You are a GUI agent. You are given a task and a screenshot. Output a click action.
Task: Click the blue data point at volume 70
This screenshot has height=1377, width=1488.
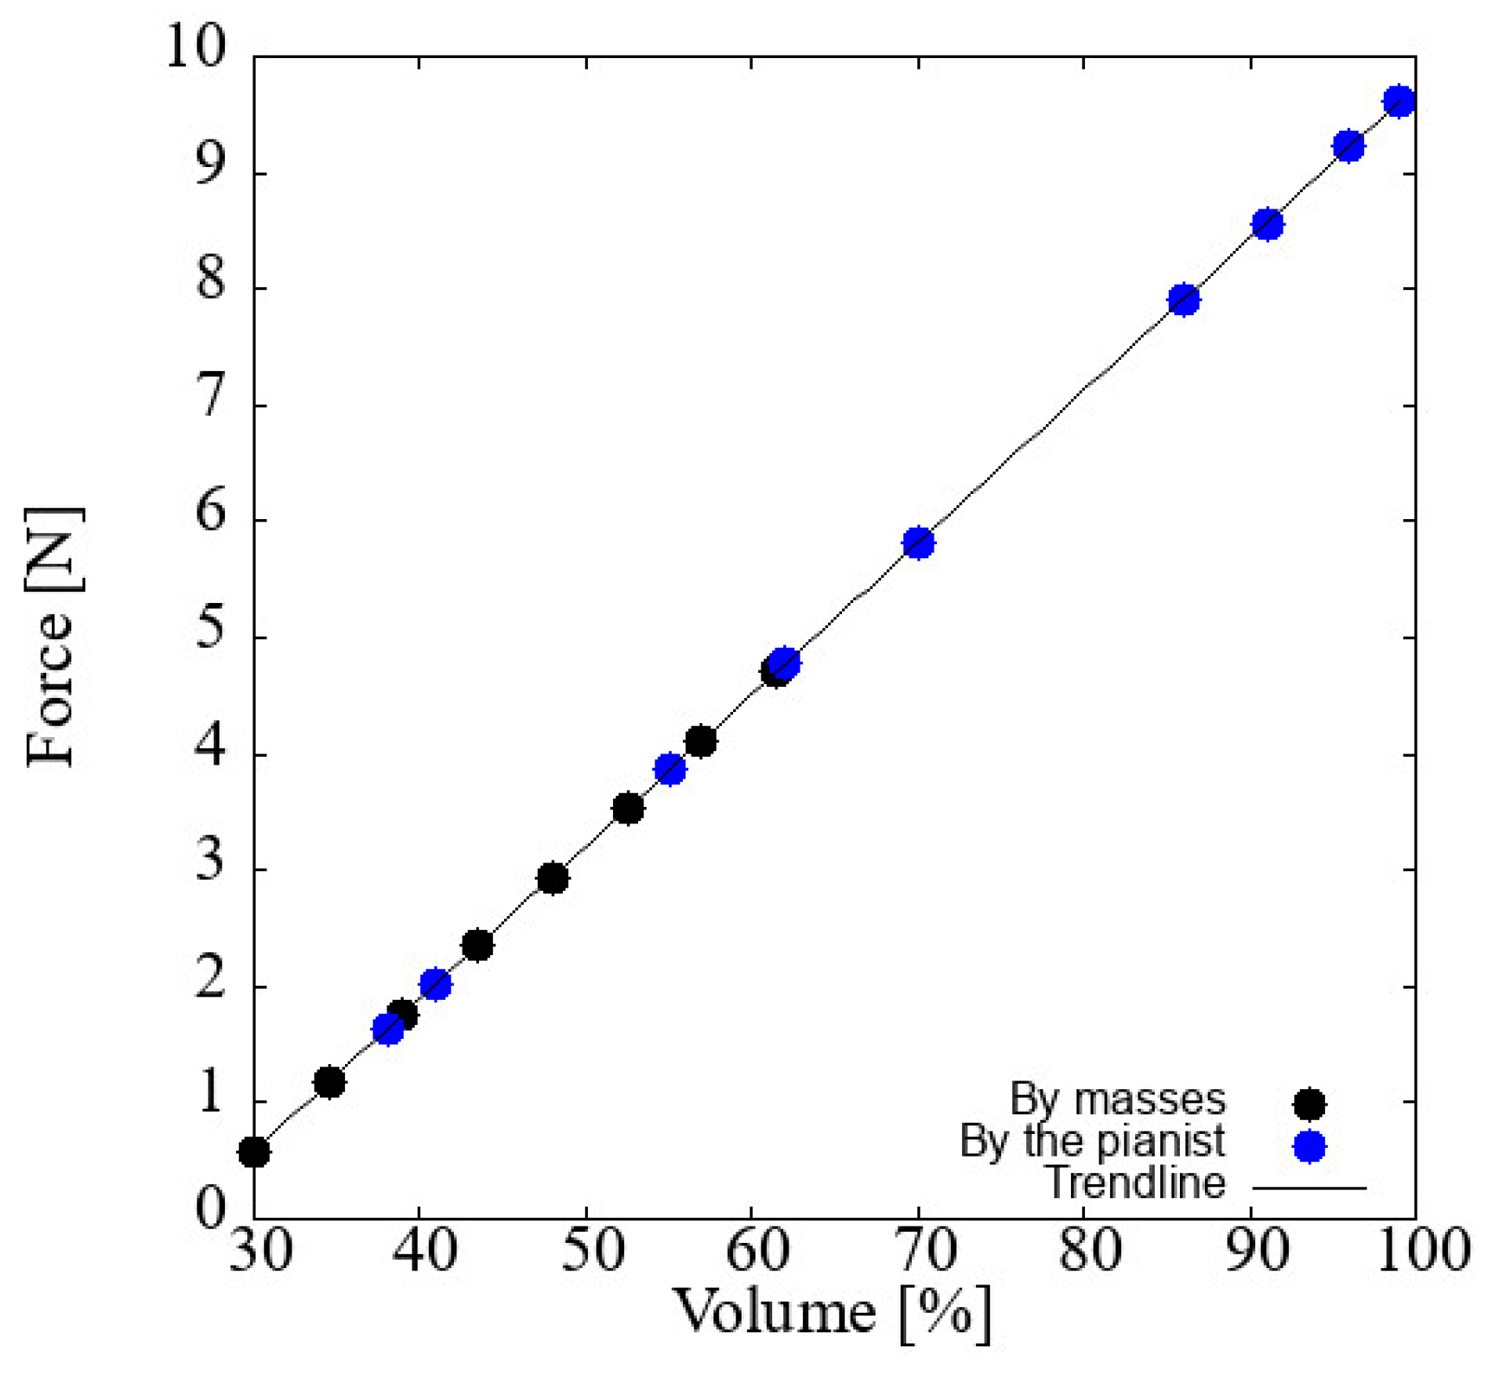(x=919, y=543)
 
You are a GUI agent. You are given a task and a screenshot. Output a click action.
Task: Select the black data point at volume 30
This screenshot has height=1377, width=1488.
(x=254, y=1152)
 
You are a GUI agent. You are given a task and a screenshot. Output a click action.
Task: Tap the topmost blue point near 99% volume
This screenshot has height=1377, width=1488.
(x=1399, y=101)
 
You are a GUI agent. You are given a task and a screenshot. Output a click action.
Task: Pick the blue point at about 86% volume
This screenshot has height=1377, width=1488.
(x=1184, y=300)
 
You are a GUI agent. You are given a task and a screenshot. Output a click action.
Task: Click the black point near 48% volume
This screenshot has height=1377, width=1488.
(x=553, y=879)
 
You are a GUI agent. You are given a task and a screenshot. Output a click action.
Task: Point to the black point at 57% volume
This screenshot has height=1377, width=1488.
(x=701, y=741)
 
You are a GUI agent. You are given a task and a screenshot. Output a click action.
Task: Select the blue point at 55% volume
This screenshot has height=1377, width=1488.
(x=670, y=770)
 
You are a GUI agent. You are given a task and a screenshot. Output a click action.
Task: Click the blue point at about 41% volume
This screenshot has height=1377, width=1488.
(x=436, y=984)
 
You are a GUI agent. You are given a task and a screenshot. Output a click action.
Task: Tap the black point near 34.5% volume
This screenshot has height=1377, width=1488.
(x=329, y=1083)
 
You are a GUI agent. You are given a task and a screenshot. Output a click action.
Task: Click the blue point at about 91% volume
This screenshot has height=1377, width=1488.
(x=1268, y=225)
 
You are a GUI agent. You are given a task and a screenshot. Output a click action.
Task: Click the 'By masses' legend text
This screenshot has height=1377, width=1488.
(x=1117, y=1099)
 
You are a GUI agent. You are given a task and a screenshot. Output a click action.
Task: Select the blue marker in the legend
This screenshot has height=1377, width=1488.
(x=1308, y=1147)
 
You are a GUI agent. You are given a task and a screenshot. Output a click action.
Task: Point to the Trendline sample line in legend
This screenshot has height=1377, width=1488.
(x=1308, y=1188)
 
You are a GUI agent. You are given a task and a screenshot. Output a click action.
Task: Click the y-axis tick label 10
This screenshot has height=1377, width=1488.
(x=194, y=47)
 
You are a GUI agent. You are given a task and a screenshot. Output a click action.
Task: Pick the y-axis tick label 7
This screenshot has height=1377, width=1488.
(x=210, y=401)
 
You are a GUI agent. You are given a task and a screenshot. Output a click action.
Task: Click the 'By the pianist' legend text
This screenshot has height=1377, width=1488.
(x=1092, y=1142)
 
